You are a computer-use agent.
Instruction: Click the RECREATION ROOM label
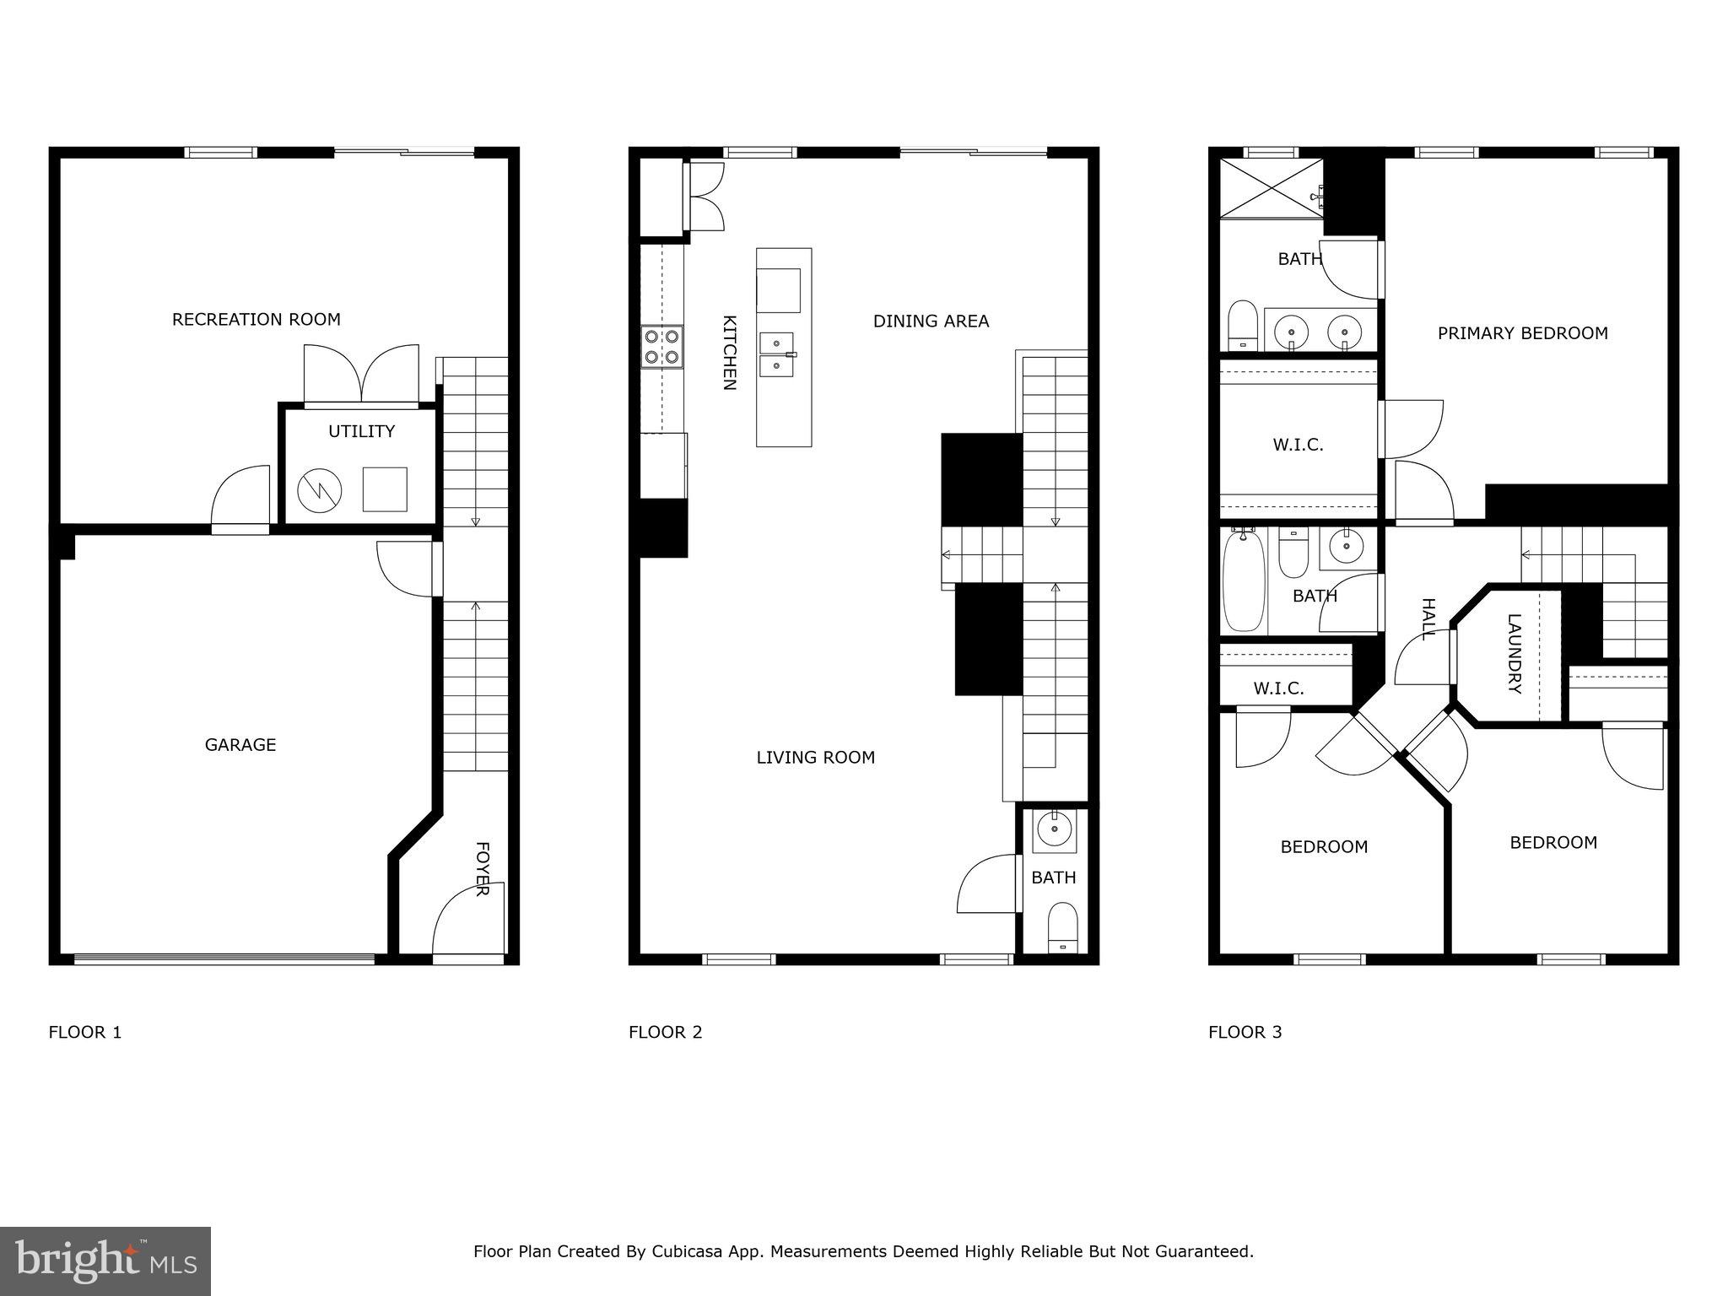[256, 319]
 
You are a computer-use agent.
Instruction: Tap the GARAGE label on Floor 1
[240, 744]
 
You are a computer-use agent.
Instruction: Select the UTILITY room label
[361, 431]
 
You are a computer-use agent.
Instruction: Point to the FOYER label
[482, 868]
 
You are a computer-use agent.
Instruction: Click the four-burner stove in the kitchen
[661, 347]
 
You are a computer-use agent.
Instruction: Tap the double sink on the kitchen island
[776, 354]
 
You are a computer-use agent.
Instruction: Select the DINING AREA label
[931, 321]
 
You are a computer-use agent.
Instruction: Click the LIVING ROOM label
[815, 758]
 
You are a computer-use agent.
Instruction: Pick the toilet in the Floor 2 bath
[1061, 928]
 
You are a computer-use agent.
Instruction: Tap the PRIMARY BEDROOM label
[1522, 333]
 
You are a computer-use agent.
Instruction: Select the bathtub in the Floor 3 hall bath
[1244, 581]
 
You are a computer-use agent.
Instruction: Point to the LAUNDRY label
[1515, 654]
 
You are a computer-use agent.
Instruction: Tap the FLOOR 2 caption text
[665, 1032]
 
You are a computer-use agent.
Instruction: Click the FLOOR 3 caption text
[1245, 1032]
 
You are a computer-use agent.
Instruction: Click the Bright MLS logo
[105, 1261]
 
